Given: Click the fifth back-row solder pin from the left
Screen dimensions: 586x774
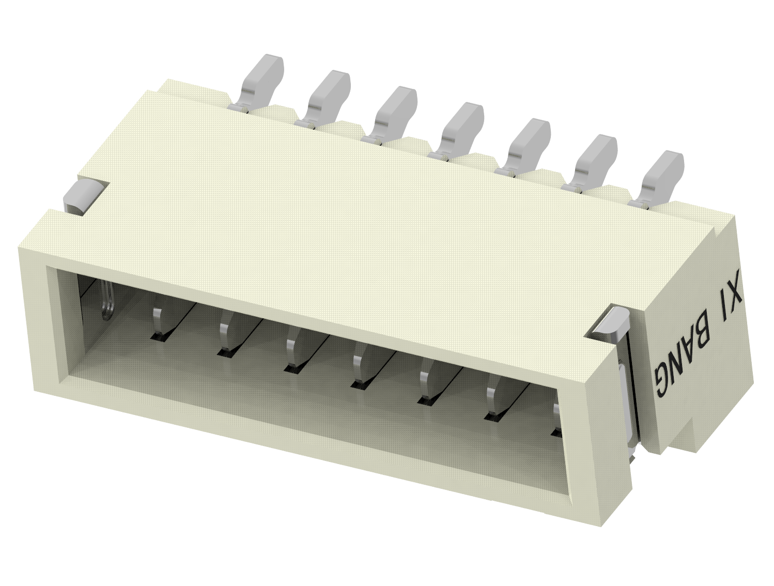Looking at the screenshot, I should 528,144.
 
